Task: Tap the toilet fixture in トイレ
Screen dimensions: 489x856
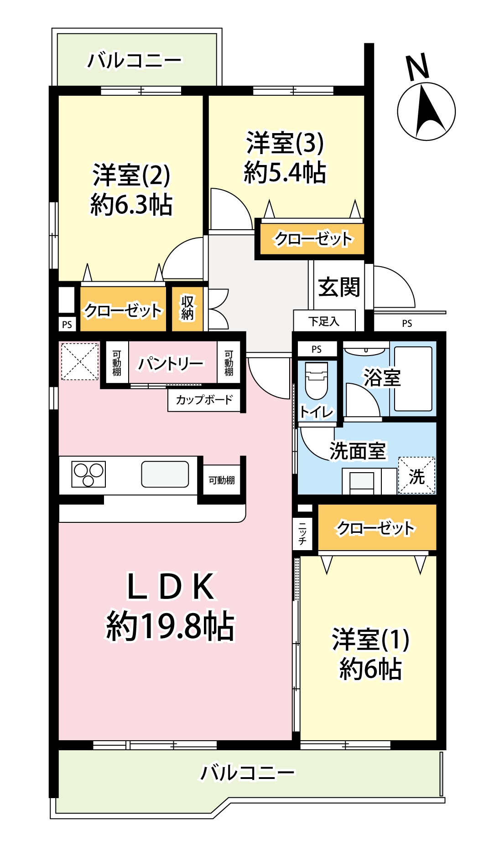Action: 316,380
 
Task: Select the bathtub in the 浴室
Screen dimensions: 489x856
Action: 413,379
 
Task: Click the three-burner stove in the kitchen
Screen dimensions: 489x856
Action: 88,474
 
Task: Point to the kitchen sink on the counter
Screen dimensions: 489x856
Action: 165,474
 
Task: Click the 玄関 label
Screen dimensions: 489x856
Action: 339,287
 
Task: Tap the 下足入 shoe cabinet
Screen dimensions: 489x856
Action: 324,321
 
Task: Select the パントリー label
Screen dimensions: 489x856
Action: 171,364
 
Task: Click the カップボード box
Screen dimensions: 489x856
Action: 204,400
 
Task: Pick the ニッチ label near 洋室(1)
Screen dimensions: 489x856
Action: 302,534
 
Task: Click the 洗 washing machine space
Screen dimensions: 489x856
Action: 416,475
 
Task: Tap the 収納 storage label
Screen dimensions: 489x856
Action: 187,308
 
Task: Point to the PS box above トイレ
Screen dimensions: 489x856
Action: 317,349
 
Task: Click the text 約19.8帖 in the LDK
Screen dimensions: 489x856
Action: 171,626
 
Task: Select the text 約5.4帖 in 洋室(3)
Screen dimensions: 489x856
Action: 285,172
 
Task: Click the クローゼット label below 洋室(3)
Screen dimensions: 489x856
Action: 313,239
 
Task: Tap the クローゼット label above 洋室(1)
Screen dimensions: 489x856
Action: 375,528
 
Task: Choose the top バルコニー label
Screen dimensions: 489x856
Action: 135,60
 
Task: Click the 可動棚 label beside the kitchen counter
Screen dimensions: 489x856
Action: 222,480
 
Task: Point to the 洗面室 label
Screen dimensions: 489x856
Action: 358,451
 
